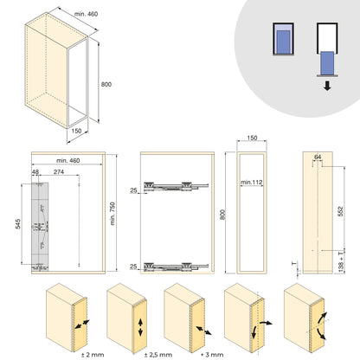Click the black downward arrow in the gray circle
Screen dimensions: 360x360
328,86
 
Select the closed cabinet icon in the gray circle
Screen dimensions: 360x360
281,41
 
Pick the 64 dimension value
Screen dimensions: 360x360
318,157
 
